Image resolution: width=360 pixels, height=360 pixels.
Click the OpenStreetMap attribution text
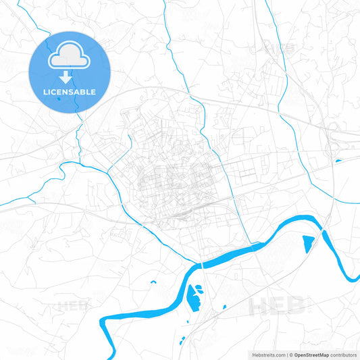311,355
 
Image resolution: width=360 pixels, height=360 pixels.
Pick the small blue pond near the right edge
338,160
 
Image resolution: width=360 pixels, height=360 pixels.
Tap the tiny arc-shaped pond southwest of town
153,281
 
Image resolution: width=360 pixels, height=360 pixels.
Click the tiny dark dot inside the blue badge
59,99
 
